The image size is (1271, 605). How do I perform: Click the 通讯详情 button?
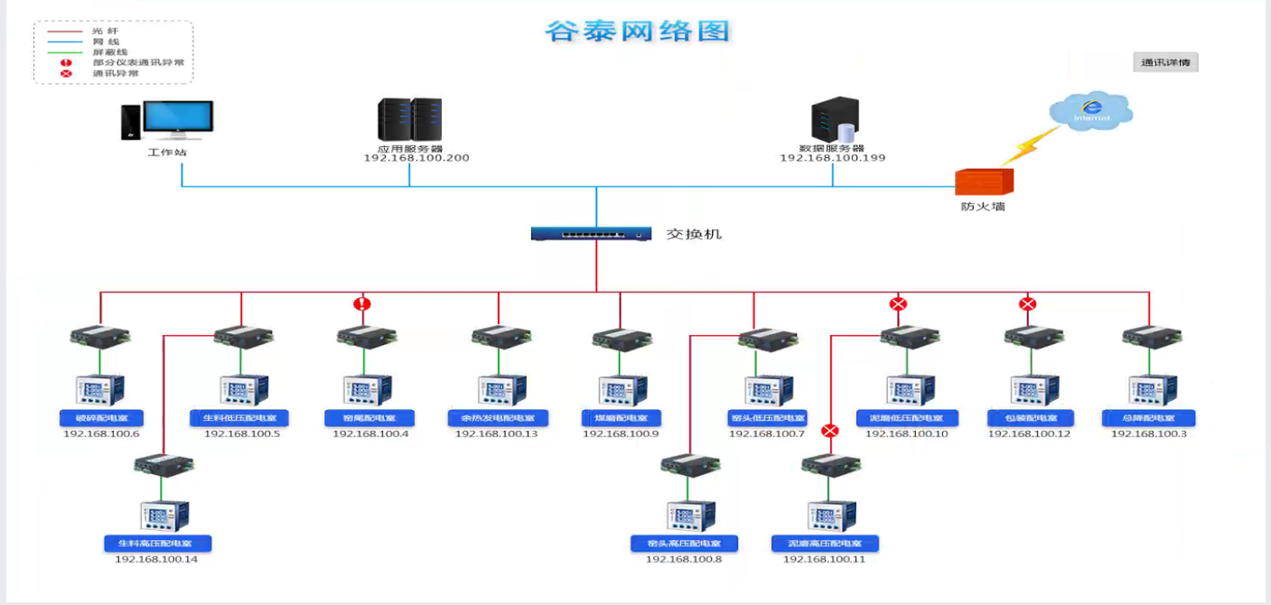point(1165,62)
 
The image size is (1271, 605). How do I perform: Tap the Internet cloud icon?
point(1091,111)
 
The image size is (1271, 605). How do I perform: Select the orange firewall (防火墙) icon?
point(984,181)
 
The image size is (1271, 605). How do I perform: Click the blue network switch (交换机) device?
point(592,234)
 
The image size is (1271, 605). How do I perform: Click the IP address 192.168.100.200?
point(416,158)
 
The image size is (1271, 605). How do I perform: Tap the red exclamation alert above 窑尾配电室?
point(362,304)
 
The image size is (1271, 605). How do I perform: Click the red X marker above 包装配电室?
point(1027,304)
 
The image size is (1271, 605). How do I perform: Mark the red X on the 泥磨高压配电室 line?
point(830,431)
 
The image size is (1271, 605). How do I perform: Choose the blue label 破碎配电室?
point(99,418)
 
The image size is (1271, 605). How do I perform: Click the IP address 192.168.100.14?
point(156,559)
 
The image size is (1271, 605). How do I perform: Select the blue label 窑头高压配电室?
point(684,544)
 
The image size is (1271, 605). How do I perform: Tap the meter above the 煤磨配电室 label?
point(621,389)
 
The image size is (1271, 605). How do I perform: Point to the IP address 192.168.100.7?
point(766,434)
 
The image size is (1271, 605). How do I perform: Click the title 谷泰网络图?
point(637,32)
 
